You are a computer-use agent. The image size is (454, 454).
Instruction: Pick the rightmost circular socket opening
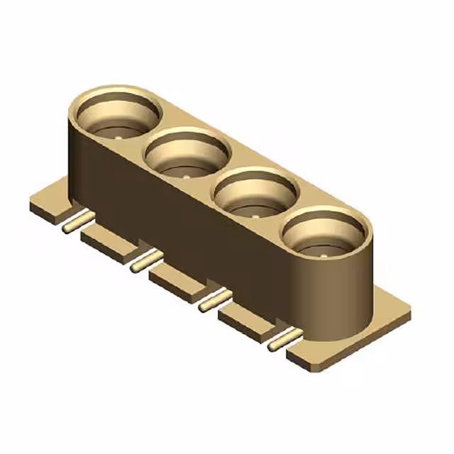coord(326,237)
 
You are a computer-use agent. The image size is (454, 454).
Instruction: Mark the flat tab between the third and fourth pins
coord(245,320)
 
